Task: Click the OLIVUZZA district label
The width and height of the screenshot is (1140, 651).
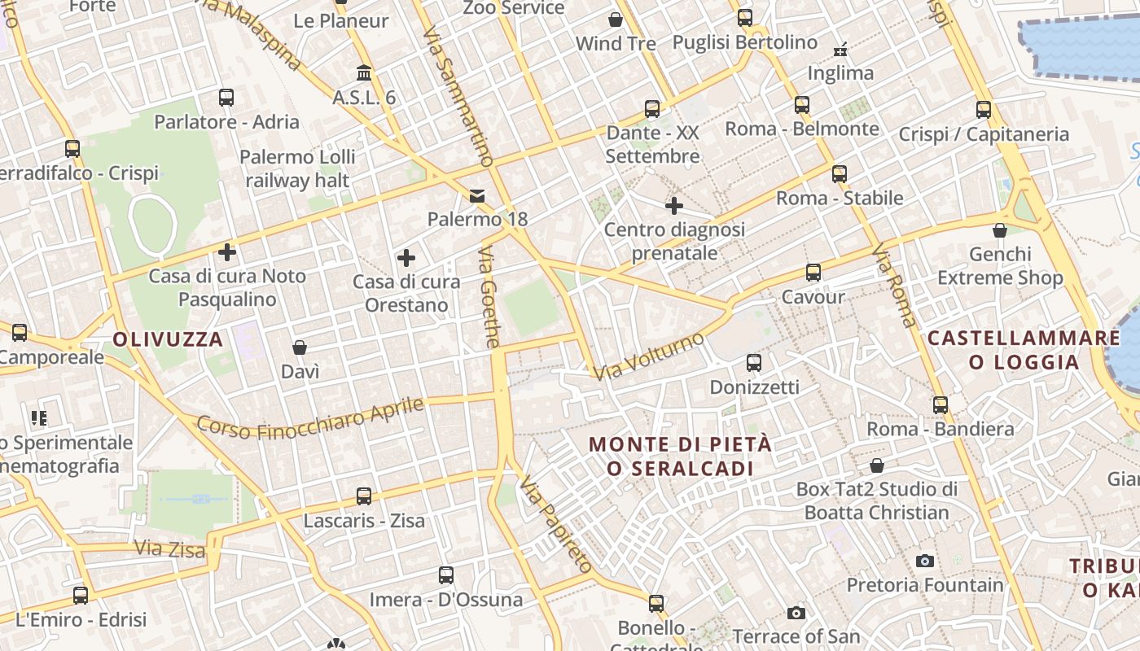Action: click(x=168, y=339)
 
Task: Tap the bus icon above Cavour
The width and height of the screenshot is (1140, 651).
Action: click(x=813, y=273)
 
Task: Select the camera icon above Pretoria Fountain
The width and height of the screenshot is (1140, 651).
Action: click(x=924, y=561)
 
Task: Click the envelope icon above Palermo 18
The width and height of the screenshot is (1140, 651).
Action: click(x=477, y=196)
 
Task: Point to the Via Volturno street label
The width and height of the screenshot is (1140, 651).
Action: click(x=648, y=356)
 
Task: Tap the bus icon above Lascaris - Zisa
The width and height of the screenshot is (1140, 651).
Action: click(x=364, y=496)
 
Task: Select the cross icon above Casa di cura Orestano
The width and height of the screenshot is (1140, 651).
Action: click(x=406, y=259)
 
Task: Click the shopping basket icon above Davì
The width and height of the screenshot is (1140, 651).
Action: click(x=300, y=347)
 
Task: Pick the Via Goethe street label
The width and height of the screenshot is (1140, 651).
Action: click(x=489, y=297)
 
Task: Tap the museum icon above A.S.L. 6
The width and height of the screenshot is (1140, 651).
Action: click(x=364, y=73)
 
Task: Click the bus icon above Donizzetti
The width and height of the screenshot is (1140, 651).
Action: click(x=754, y=363)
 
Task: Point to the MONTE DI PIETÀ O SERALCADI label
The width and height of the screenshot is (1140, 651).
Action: click(x=680, y=457)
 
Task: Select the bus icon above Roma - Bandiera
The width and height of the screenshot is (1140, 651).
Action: click(x=940, y=404)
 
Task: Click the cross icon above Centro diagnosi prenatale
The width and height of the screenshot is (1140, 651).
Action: click(x=674, y=206)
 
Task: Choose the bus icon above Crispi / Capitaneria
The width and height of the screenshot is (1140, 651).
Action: click(x=984, y=110)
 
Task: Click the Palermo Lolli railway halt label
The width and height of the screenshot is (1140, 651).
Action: click(x=297, y=168)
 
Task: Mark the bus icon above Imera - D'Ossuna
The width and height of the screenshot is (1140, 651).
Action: click(x=446, y=575)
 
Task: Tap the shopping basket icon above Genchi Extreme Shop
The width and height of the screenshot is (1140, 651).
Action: click(x=1000, y=230)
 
